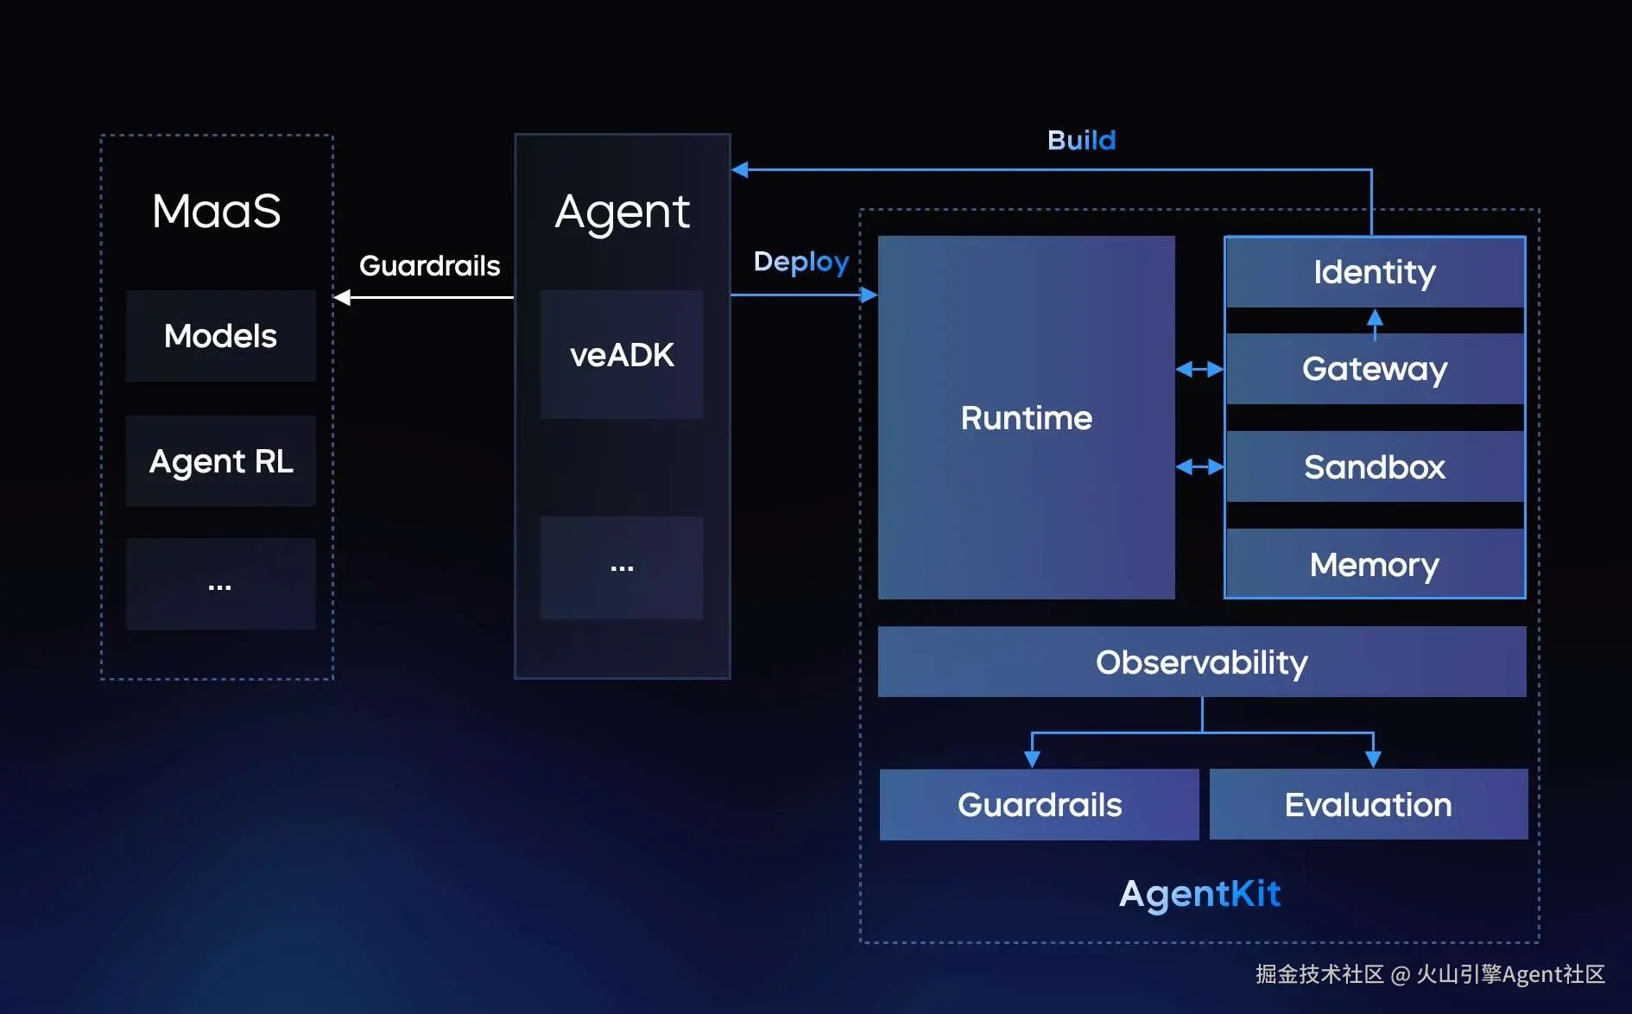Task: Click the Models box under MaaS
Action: point(220,336)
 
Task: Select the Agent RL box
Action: point(220,461)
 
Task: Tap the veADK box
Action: point(622,355)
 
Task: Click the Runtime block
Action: point(1026,418)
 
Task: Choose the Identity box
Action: point(1375,272)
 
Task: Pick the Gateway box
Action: point(1375,369)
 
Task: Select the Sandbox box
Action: point(1375,467)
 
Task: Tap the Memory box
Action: point(1375,565)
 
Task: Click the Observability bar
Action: point(1201,662)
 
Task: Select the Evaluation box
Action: point(1368,805)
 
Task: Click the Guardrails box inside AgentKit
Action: point(1039,805)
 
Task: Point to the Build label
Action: point(1081,140)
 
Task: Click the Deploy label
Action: point(801,262)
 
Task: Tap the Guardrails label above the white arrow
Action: point(429,265)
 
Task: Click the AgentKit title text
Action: point(1199,893)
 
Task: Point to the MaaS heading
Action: point(216,211)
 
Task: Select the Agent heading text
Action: point(622,212)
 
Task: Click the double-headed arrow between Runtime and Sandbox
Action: point(1199,467)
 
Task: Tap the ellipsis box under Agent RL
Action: point(220,585)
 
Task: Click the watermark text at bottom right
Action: point(1429,974)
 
